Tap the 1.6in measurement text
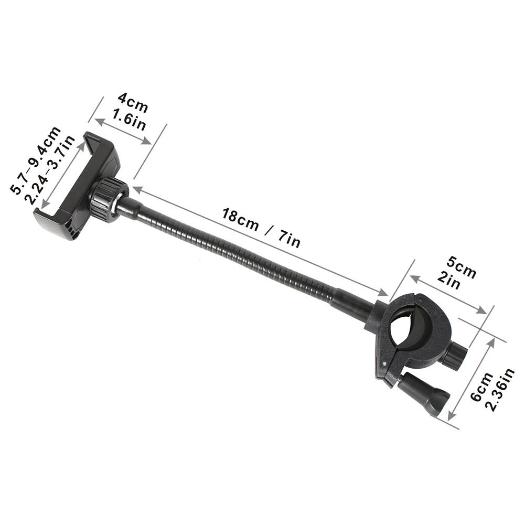coord(128,119)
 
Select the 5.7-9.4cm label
coord(36,160)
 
